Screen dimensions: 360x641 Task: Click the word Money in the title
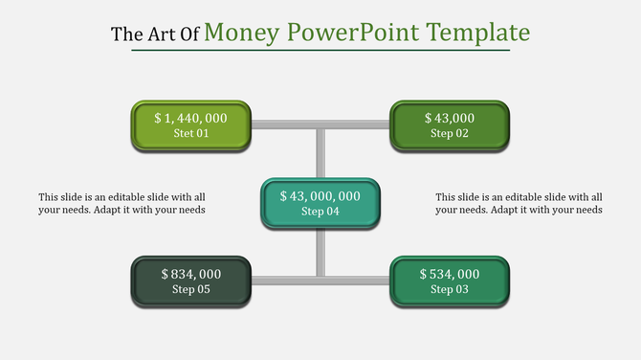pyautogui.click(x=241, y=33)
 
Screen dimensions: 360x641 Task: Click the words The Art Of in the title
pyautogui.click(x=155, y=34)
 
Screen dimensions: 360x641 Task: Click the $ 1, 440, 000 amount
pyautogui.click(x=190, y=118)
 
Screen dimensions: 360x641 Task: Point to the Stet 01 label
pyautogui.click(x=190, y=134)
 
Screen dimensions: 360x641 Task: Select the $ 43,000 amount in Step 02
pyautogui.click(x=450, y=118)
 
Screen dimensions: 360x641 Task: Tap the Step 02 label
pyautogui.click(x=450, y=134)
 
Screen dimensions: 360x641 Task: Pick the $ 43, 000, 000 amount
pyautogui.click(x=320, y=195)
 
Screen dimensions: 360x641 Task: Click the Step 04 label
pyautogui.click(x=320, y=212)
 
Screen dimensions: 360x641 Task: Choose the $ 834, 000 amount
pyautogui.click(x=190, y=274)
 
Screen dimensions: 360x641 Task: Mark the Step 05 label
pyautogui.click(x=190, y=289)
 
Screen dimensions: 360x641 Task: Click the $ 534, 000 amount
pyautogui.click(x=450, y=274)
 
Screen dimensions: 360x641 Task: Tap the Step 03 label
pyautogui.click(x=450, y=289)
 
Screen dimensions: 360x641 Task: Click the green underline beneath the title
pyautogui.click(x=320, y=51)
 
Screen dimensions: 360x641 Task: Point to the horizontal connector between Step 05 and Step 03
pyautogui.click(x=320, y=280)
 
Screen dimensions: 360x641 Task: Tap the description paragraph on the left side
pyautogui.click(x=122, y=203)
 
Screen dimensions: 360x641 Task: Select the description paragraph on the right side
pyautogui.click(x=519, y=203)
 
